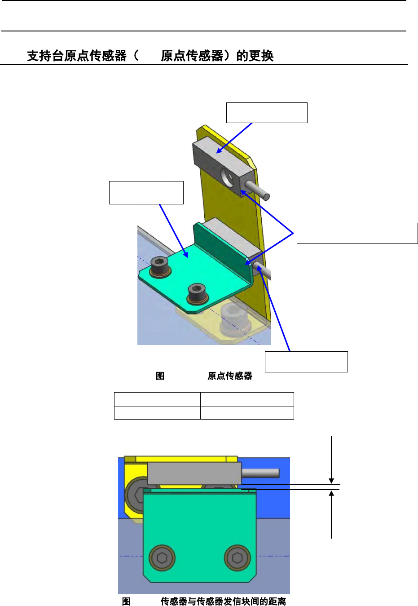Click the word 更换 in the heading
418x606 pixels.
[x=261, y=56]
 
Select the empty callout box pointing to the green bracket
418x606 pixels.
[x=146, y=193]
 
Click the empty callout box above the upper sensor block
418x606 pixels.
[x=267, y=113]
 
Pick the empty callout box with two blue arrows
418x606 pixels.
[x=357, y=233]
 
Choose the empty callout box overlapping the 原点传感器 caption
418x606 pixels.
[x=306, y=362]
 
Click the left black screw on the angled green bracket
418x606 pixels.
[x=160, y=267]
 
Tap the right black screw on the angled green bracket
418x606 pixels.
[x=198, y=294]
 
